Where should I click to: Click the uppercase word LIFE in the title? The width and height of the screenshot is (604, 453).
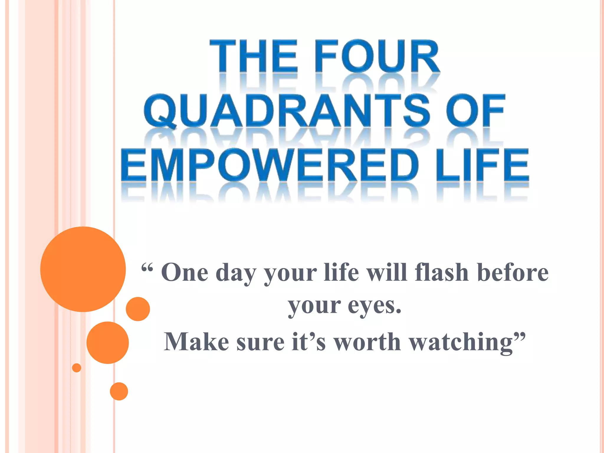coord(482,165)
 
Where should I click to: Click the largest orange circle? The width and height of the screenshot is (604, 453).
coord(83,269)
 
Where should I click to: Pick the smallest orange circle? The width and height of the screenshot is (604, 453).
coord(77,368)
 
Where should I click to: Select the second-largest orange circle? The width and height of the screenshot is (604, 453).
coord(108,342)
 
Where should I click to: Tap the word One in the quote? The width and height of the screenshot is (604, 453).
coord(185,273)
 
